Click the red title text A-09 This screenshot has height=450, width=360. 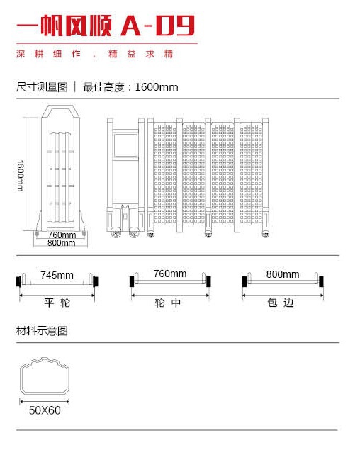coord(157,26)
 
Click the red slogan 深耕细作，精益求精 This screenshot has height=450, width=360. coord(95,54)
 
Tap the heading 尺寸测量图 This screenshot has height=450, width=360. coord(42,87)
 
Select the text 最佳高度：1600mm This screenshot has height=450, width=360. coord(130,87)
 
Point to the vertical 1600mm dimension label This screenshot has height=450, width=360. coord(20,176)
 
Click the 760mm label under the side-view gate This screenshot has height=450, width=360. coord(62,235)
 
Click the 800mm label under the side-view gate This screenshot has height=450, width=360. coord(62,243)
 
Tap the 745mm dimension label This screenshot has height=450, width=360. coord(57,275)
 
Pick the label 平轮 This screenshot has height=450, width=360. coord(57,303)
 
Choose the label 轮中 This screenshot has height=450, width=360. coord(168,303)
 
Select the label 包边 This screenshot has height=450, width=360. coord(281,303)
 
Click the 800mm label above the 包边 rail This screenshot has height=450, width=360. coord(283,274)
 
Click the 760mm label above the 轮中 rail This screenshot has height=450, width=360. coord(169,274)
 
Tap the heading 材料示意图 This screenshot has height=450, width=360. coord(42,331)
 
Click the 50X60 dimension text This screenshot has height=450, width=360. coord(45,410)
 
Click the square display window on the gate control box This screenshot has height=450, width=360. coord(125,145)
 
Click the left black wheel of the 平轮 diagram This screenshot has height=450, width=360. coord(18,281)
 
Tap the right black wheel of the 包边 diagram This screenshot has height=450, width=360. coord(321,282)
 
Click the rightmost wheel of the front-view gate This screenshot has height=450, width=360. coord(265,235)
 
